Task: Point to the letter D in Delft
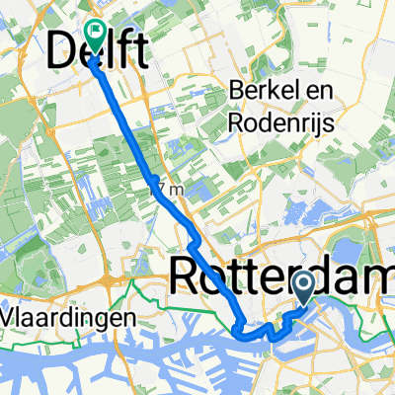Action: coord(61,49)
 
